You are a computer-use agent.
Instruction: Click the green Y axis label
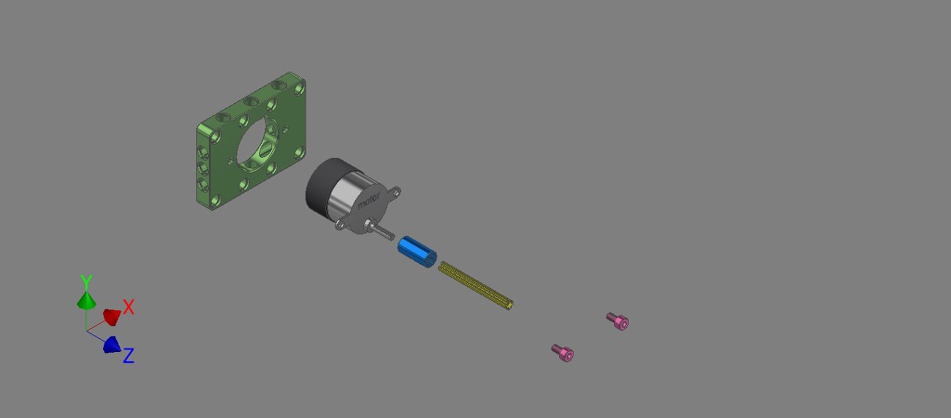[86, 281]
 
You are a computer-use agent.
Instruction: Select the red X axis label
[128, 307]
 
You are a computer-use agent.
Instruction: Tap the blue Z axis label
[128, 356]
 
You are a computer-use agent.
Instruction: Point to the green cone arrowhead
[86, 300]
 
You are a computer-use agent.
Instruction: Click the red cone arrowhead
[111, 316]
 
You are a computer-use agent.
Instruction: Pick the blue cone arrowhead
[111, 345]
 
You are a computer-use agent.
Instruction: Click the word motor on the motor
[369, 200]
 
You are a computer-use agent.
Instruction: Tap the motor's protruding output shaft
[382, 230]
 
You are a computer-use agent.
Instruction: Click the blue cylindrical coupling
[417, 253]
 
